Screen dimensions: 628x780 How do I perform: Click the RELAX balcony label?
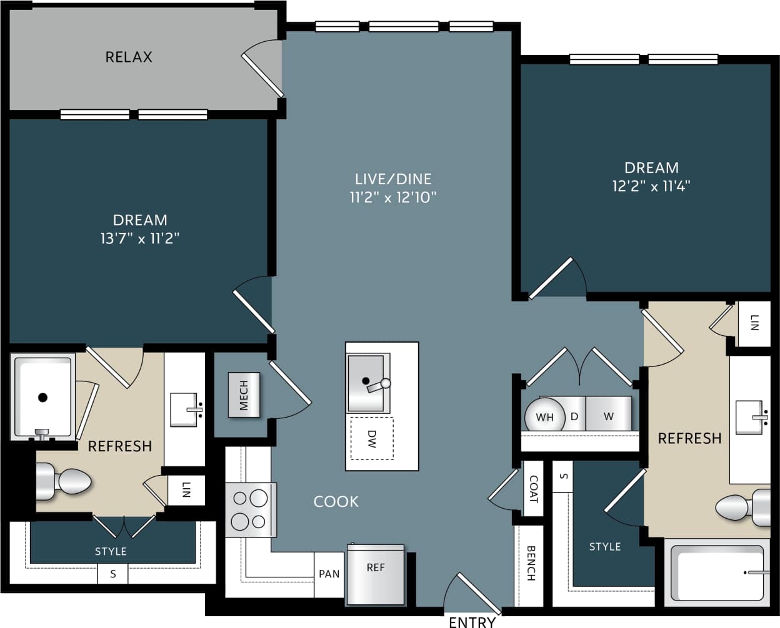129,57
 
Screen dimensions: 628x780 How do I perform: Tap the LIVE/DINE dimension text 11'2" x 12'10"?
392,197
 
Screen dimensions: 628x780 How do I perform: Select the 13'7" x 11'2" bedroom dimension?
140,238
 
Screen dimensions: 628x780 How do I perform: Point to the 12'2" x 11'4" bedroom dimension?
651,186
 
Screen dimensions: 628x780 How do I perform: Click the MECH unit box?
244,395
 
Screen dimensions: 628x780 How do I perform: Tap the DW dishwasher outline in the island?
372,438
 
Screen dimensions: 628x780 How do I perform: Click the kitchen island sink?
367,383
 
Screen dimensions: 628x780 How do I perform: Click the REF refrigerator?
376,574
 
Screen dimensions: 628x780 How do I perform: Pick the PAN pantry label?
329,574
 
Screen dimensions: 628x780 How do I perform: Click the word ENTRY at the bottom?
472,621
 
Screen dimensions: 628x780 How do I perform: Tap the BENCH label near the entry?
531,563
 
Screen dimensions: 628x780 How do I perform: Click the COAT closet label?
533,489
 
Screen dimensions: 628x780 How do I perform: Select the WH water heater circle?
544,416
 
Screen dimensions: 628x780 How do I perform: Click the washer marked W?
609,415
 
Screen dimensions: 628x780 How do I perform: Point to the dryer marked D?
574,415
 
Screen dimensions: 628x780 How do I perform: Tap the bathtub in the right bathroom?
719,572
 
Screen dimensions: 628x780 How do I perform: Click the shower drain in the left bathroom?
42,397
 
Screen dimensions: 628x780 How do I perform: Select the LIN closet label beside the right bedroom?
754,323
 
